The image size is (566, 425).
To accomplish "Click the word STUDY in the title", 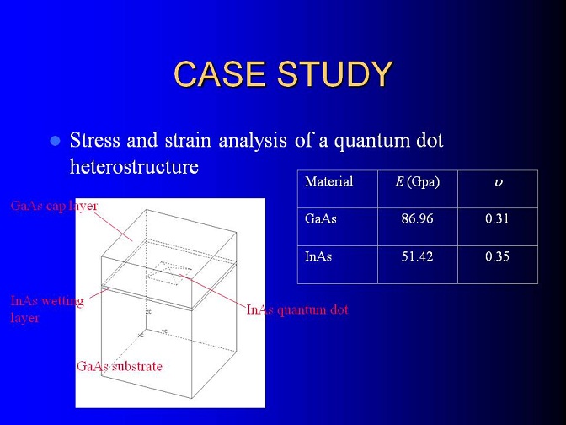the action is pos(334,74).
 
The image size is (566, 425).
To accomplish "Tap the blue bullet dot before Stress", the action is pos(55,141).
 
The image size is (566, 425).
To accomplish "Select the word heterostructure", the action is pos(134,167).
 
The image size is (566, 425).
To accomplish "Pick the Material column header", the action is pos(328,181).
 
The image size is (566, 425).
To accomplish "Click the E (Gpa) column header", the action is pos(417,182).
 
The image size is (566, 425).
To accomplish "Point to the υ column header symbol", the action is pos(498,183).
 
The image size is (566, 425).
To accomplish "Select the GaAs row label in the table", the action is pos(321,218).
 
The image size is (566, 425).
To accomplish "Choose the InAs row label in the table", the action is pos(318,256).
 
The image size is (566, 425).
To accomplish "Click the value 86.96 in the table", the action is pos(417,218).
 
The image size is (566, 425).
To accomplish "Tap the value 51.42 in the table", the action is pos(417,256).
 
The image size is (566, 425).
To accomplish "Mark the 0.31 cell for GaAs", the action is pos(498,218).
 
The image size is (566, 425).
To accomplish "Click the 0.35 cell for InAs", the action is pos(498,256).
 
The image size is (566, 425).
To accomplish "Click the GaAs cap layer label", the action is pos(54,206).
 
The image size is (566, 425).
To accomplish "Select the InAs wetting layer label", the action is pos(47,309).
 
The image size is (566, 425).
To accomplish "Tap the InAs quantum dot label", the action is pos(297,309).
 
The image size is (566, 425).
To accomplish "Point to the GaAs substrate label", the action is pos(119,367).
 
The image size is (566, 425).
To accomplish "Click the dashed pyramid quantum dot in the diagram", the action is pos(169,273).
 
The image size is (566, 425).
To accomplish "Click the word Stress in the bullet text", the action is pos(95,140).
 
